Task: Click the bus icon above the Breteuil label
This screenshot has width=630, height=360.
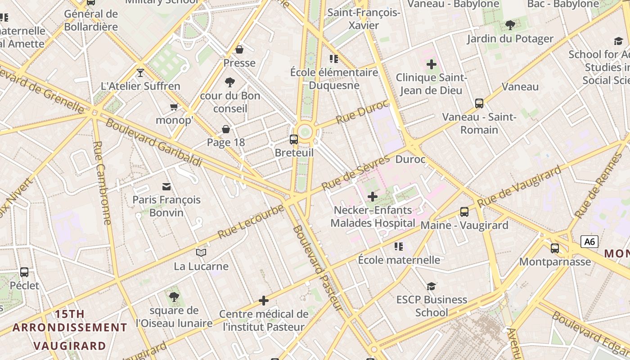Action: (x=294, y=139)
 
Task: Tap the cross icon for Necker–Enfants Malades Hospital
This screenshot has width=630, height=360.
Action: (x=373, y=197)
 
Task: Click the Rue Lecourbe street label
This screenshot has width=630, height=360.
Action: (x=251, y=221)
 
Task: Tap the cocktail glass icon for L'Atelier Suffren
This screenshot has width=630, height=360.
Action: (x=140, y=72)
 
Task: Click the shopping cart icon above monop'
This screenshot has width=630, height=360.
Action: (x=174, y=107)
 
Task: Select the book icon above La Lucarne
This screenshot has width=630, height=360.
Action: (x=201, y=253)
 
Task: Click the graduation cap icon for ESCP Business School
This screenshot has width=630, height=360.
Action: (x=431, y=286)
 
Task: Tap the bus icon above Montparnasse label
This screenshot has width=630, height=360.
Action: (x=555, y=248)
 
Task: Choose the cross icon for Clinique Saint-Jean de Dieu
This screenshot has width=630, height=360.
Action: (x=431, y=64)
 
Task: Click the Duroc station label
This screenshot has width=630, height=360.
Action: (x=410, y=159)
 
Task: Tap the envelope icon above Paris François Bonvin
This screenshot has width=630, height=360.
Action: (x=166, y=186)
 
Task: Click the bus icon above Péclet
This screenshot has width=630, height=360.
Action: (x=24, y=272)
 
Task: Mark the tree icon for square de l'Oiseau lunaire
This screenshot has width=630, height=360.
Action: (x=174, y=297)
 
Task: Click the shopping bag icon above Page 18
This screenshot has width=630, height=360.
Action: (x=226, y=130)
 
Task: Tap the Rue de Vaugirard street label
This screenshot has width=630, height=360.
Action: (x=520, y=186)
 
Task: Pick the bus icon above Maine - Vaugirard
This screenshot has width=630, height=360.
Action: (x=464, y=211)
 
